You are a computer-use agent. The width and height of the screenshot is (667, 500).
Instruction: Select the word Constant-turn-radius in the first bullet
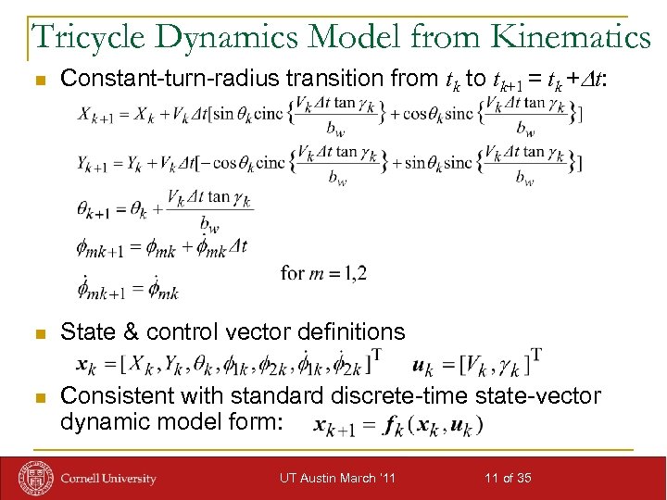pos(176,79)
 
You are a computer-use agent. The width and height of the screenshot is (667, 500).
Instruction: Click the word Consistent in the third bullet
pos(118,396)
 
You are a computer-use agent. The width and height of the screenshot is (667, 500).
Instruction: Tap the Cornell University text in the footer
pos(108,479)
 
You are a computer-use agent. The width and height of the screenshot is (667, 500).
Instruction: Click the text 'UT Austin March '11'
pos(338,478)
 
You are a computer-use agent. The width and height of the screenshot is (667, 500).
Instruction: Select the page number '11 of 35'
pos(507,478)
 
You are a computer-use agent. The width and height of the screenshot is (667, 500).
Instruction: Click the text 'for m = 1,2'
pos(323,273)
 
